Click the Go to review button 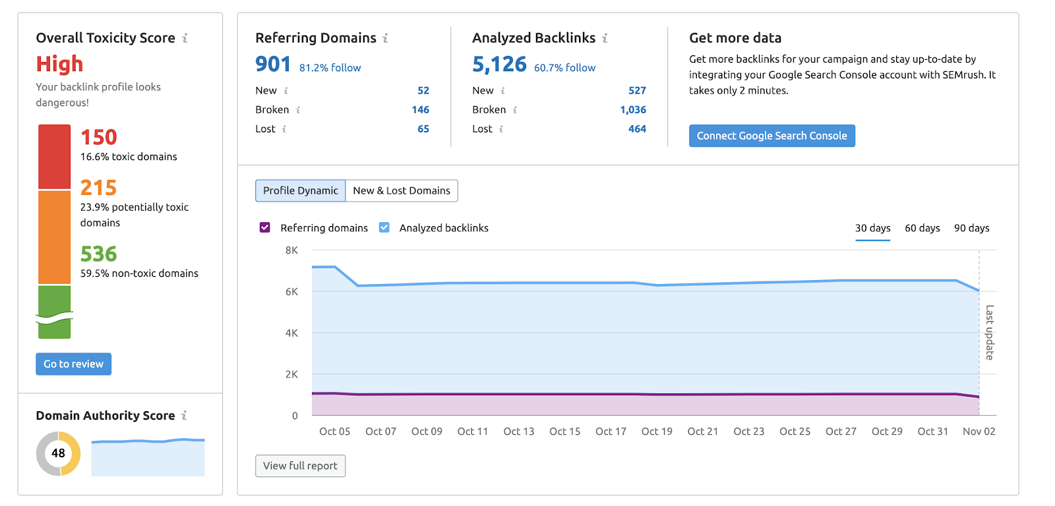(x=73, y=364)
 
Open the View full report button (x=300, y=466)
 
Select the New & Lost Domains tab (x=402, y=190)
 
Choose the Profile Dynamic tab (x=300, y=190)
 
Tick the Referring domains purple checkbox (x=265, y=227)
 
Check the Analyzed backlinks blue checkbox (x=384, y=227)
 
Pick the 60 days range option (x=922, y=228)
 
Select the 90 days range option (x=971, y=228)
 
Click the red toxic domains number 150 (x=99, y=137)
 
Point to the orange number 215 (x=99, y=188)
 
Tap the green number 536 (x=99, y=254)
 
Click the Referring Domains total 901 (x=273, y=64)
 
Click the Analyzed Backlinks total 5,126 (x=499, y=64)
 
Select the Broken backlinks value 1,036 (x=633, y=109)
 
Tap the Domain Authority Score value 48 (x=58, y=453)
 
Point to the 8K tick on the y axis (x=291, y=250)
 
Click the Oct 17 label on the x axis (x=611, y=432)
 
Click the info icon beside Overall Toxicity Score (x=185, y=38)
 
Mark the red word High (x=59, y=64)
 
